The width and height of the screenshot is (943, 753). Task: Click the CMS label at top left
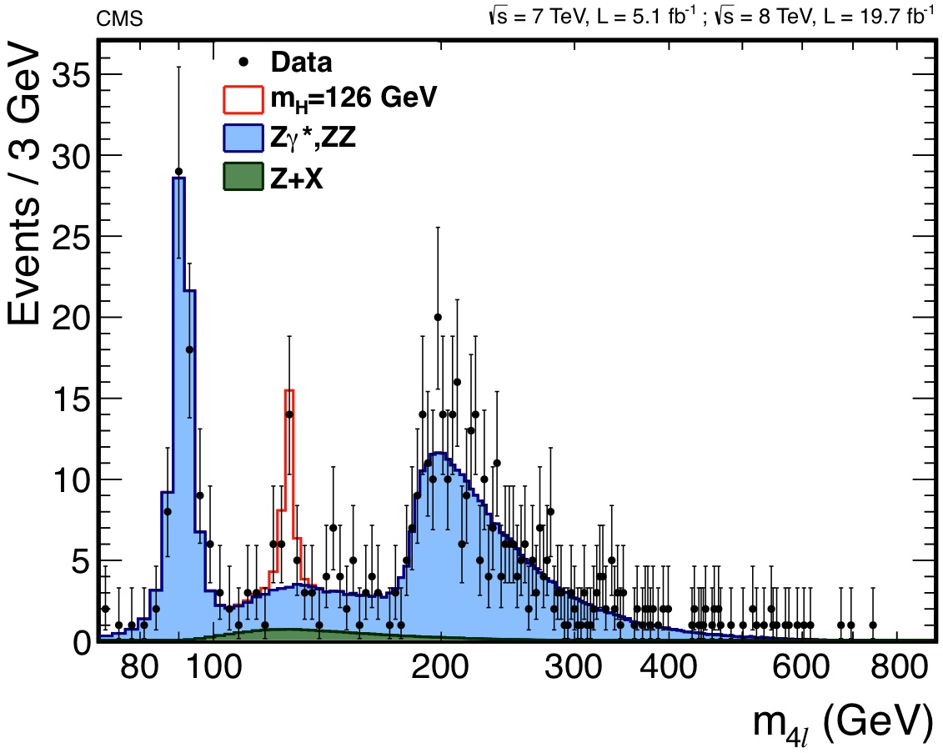click(119, 18)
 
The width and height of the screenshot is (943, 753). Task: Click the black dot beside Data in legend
click(242, 62)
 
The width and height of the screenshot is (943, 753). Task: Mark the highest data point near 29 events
click(178, 171)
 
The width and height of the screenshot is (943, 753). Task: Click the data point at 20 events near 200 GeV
click(438, 317)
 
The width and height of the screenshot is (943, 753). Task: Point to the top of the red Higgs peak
click(289, 390)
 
